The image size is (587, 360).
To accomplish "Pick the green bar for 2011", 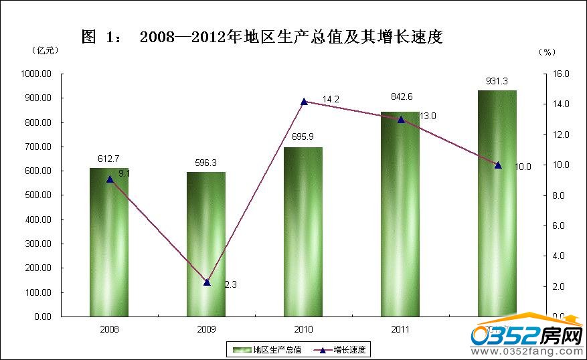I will pos(400,214).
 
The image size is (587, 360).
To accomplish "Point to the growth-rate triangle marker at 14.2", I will pos(304,102).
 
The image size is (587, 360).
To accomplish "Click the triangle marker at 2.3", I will pos(207,282).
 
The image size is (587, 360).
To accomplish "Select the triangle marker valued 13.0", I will pos(401,120).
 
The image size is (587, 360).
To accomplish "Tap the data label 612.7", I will pos(108,159).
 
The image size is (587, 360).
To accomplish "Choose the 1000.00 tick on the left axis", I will pos(38,74).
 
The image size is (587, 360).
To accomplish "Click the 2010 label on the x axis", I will pos(303,329).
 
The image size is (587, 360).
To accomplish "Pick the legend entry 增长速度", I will pos(351,349).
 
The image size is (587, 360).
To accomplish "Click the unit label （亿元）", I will pos(46,50).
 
